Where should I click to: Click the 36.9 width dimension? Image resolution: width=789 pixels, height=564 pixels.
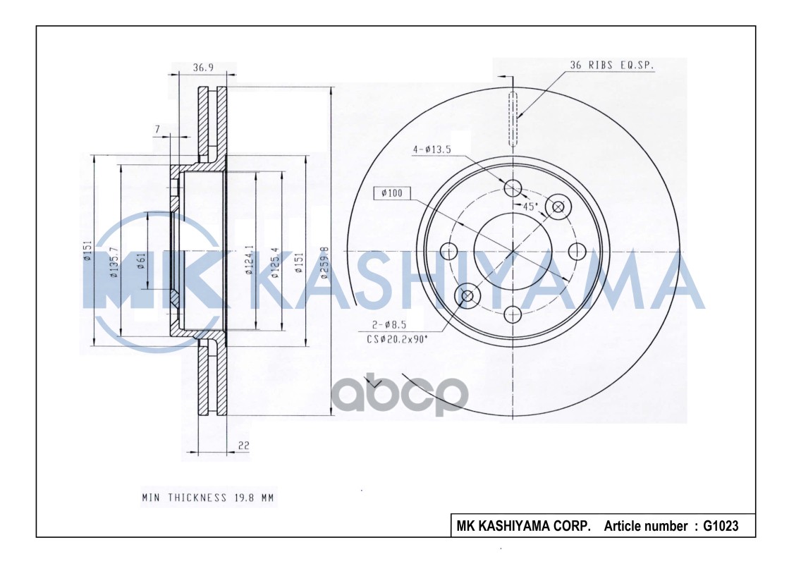coord(203,68)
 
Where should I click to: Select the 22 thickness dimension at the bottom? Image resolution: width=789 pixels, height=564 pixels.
coord(243,446)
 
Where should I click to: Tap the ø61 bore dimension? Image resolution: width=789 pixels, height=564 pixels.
coord(141,261)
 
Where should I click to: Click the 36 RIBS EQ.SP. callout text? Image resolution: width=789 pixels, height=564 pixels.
coord(611,65)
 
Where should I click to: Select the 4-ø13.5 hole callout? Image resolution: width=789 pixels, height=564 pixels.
coord(432,149)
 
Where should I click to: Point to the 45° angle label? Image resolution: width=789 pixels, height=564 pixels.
coord(530,206)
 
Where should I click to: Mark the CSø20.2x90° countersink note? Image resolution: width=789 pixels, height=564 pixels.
coord(396,339)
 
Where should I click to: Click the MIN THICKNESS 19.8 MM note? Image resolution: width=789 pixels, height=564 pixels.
coord(207,498)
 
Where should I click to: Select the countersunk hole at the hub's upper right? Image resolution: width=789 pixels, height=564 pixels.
coord(558,206)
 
